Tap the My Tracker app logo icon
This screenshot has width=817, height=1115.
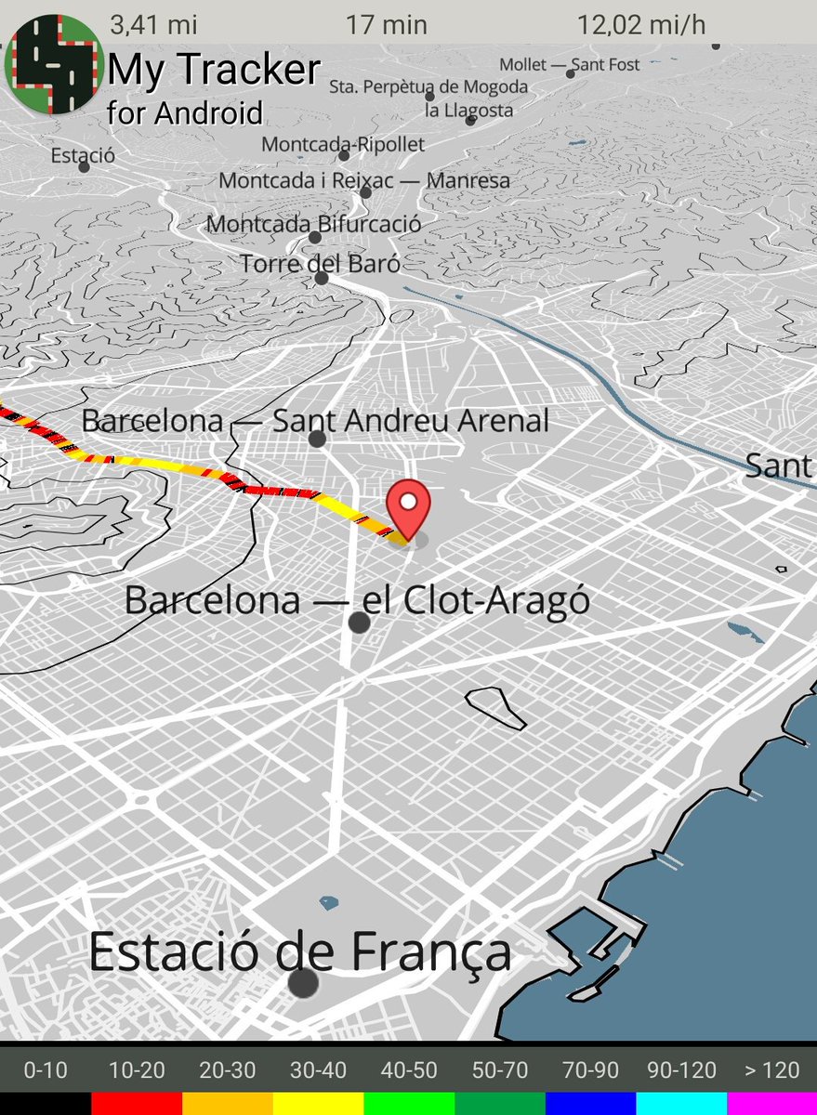[53, 64]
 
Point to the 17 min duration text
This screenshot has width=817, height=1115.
[387, 25]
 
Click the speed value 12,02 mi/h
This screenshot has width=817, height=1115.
[641, 25]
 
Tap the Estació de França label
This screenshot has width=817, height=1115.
[300, 952]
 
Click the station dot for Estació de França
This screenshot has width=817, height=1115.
[303, 983]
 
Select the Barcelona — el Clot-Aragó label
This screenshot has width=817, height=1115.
[357, 600]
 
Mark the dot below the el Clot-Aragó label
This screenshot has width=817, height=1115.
[359, 623]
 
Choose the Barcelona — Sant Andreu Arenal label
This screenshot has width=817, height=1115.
[316, 421]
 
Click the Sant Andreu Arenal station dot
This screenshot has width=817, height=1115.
[317, 439]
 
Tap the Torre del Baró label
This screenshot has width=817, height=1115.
[320, 264]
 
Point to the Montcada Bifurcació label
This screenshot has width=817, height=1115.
[313, 224]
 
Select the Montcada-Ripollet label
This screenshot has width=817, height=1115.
[343, 144]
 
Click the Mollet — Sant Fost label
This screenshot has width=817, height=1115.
[570, 65]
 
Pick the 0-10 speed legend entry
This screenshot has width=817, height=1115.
[46, 1070]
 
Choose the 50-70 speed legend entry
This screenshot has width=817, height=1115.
[499, 1070]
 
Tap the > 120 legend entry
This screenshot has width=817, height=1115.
[771, 1070]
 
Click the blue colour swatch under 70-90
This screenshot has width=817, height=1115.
[590, 1104]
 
